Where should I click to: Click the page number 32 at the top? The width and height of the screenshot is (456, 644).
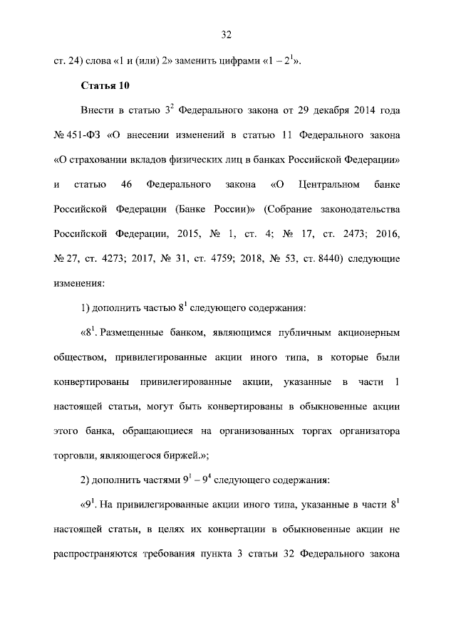[x=227, y=34]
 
